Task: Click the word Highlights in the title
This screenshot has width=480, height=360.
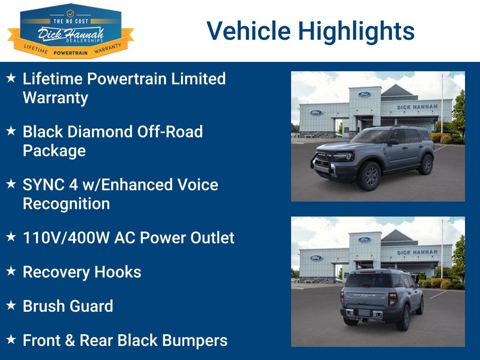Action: (x=356, y=31)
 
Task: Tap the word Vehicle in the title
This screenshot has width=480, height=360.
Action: (x=248, y=30)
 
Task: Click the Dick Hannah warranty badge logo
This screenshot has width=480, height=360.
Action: (x=71, y=31)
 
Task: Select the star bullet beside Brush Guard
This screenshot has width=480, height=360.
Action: (x=11, y=305)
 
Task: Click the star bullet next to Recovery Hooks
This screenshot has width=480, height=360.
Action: (x=11, y=270)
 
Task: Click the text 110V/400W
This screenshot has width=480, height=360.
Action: (x=67, y=238)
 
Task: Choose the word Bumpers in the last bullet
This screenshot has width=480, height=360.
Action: (x=195, y=340)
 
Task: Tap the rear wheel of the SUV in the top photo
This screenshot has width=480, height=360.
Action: (x=427, y=165)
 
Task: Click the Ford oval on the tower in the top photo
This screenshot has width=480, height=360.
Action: (x=364, y=94)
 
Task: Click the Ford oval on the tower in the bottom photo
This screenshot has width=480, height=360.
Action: (x=364, y=239)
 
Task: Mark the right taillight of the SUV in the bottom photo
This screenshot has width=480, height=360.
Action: (x=392, y=299)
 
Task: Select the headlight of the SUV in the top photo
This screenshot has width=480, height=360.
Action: (x=346, y=157)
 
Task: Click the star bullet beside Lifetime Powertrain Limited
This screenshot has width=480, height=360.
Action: (x=11, y=78)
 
